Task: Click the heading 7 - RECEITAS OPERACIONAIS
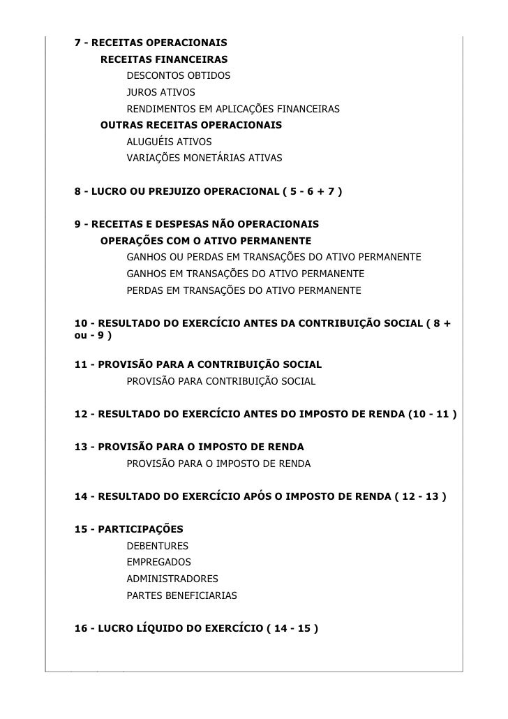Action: [x=151, y=43]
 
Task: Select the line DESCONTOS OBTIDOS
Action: [x=178, y=75]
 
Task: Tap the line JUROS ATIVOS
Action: [x=160, y=92]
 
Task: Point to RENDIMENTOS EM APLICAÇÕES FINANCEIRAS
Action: [x=232, y=109]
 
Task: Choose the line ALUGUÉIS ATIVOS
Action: [x=169, y=142]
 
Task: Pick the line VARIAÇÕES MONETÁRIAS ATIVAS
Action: [x=204, y=158]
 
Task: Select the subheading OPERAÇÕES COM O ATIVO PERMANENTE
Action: [x=206, y=241]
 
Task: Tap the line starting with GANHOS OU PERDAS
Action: [x=274, y=258]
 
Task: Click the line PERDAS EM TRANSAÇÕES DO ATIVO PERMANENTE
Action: [x=244, y=289]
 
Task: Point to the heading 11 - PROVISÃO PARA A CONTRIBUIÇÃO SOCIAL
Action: [x=198, y=365]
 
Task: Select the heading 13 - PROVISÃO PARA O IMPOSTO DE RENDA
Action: [x=189, y=447]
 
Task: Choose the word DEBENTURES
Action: [x=157, y=546]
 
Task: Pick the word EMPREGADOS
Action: [x=158, y=562]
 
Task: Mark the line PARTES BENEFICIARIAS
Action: [x=181, y=595]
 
